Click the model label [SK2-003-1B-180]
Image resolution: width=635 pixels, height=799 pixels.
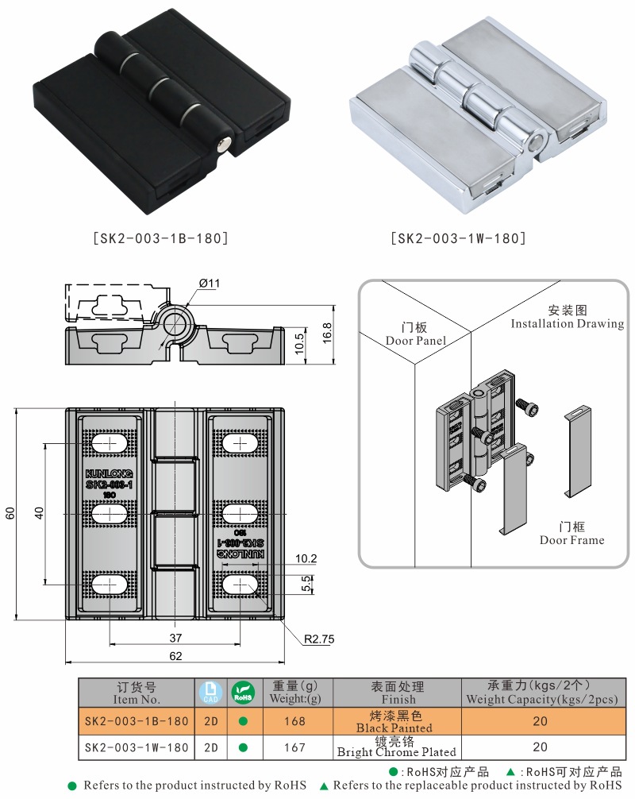(x=161, y=237)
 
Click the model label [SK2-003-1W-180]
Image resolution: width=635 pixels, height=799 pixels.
(x=458, y=237)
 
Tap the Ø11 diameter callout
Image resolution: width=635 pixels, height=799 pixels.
(x=210, y=284)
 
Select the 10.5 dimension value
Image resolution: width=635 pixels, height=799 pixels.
(x=299, y=343)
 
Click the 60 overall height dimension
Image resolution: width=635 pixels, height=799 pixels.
(x=10, y=513)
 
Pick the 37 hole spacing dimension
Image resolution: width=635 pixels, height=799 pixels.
(x=175, y=637)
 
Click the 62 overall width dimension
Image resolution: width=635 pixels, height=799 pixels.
(x=175, y=656)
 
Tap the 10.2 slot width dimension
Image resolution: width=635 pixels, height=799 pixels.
(x=306, y=559)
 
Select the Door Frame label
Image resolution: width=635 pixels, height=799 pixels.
(x=571, y=534)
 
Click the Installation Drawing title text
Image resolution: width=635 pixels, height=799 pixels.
(x=567, y=317)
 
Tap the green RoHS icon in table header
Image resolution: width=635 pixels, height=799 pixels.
(x=242, y=693)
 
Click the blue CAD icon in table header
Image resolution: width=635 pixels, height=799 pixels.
(x=210, y=693)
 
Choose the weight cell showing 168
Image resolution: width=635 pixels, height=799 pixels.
(x=294, y=721)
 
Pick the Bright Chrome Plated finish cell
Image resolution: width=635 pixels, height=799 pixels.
(x=397, y=747)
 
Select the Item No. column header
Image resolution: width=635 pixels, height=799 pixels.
(x=137, y=693)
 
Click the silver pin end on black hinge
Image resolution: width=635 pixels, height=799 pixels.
(x=225, y=143)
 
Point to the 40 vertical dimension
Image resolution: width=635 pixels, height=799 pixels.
(x=38, y=513)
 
